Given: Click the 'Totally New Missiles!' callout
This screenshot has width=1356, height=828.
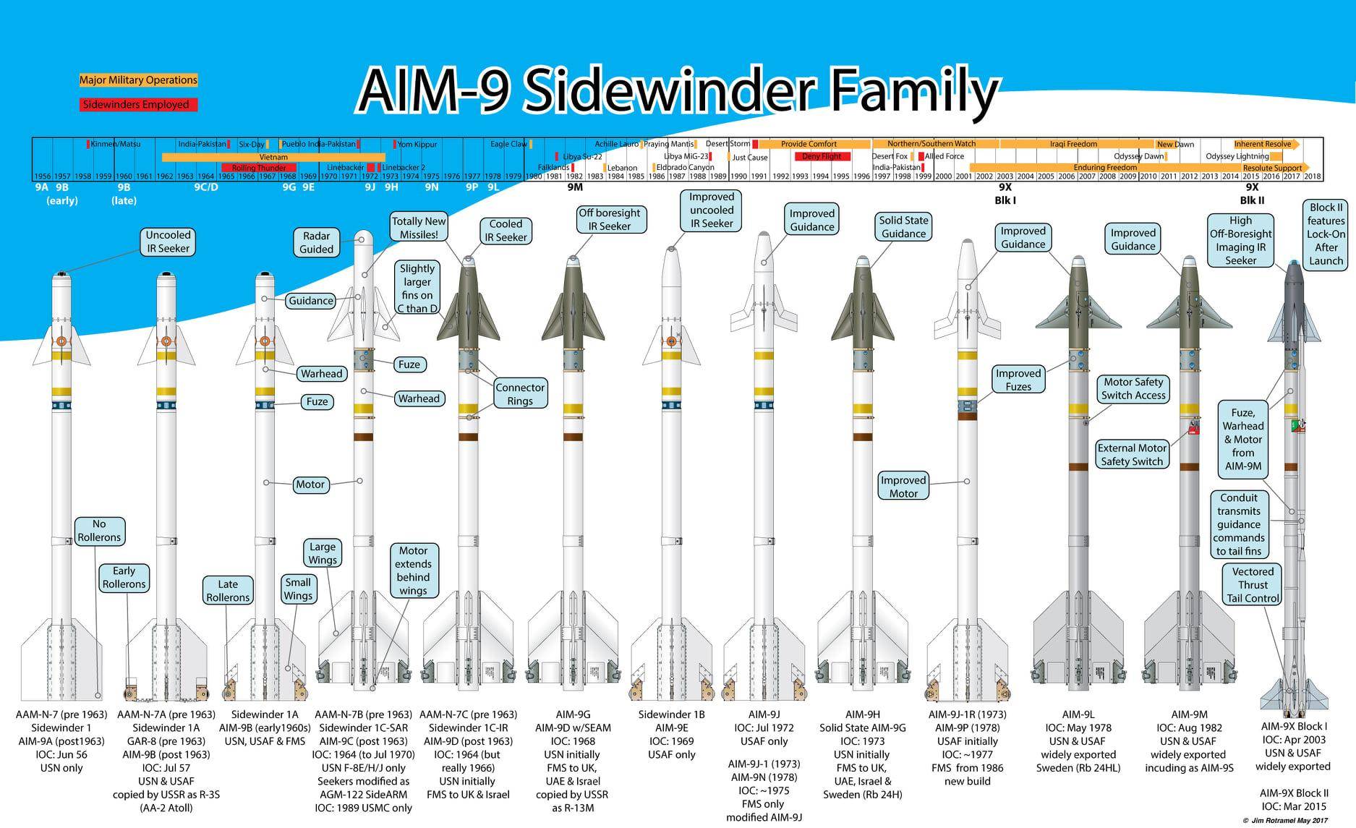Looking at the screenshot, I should (419, 228).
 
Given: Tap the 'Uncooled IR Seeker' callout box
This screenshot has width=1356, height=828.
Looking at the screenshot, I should (168, 242).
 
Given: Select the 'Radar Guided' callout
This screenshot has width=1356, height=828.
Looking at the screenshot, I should (316, 242).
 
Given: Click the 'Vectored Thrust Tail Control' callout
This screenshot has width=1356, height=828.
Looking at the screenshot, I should (1253, 584).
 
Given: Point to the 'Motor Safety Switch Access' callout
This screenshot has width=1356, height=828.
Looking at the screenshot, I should (1133, 388).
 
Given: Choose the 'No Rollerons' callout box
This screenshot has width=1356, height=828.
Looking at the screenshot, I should (99, 531).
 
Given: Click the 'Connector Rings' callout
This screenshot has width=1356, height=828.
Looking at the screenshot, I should (519, 394).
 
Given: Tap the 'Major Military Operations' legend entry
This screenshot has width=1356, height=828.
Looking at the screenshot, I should (138, 80).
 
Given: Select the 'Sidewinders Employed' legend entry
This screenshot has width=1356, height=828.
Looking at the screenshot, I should (138, 105).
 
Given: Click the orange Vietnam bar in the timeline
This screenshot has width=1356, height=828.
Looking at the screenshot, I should (273, 157).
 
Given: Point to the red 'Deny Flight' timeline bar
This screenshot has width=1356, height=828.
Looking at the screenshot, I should (822, 156).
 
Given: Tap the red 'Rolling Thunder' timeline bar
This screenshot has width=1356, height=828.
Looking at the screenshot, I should (258, 168).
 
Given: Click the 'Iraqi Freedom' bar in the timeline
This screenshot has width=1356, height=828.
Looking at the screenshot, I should (1073, 144).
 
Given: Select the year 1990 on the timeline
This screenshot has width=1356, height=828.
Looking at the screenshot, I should (738, 176).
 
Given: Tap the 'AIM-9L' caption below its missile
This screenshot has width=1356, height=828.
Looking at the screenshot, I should (1078, 714).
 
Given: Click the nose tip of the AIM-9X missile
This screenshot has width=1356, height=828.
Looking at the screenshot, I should (1293, 263).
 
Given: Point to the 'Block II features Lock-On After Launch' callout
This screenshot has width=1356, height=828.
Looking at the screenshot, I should (1326, 234).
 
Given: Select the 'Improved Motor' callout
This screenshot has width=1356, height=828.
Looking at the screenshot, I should (903, 487).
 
